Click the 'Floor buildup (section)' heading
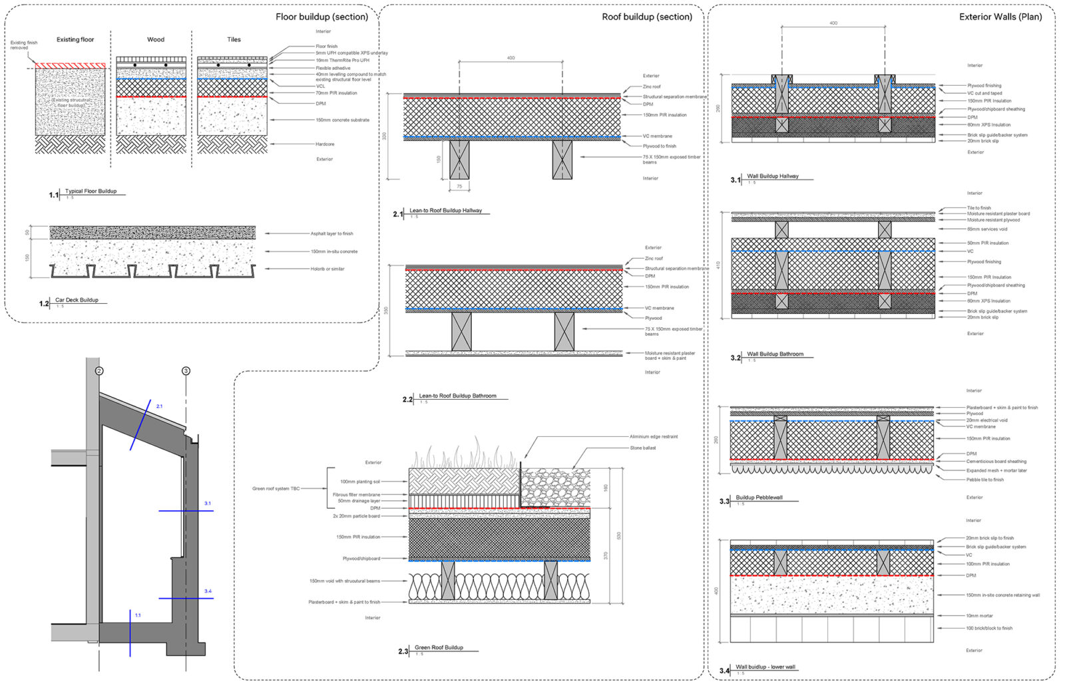321,17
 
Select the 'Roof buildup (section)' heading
646,17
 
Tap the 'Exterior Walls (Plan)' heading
1000,17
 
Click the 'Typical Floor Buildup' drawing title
91,192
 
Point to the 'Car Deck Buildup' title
77,300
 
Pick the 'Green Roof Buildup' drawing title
439,648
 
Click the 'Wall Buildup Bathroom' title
775,354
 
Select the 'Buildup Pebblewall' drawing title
759,497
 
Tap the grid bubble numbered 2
99,370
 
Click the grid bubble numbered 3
186,370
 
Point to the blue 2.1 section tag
159,406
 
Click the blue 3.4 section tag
208,591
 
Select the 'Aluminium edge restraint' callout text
654,437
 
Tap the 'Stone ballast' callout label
643,448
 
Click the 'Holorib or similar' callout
327,269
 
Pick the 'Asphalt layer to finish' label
331,234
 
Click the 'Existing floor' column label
75,40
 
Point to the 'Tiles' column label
234,40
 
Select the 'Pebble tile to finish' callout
985,480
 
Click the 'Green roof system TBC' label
276,489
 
